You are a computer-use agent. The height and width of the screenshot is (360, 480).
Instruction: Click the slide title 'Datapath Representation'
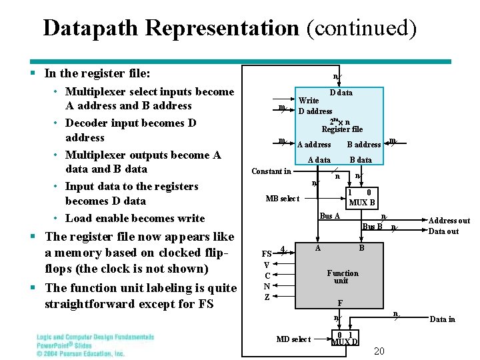tap(171, 28)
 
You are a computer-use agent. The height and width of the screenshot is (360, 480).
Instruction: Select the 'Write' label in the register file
tap(308, 101)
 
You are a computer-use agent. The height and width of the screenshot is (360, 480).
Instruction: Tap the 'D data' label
tap(341, 93)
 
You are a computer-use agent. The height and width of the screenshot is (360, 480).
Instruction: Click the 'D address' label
tap(315, 111)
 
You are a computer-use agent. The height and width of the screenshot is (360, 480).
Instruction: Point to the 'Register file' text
tap(342, 129)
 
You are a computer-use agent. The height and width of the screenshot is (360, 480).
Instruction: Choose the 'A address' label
tap(314, 145)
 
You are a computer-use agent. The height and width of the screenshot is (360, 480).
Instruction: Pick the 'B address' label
tap(364, 145)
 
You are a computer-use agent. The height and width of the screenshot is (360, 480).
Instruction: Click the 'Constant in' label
tap(271, 171)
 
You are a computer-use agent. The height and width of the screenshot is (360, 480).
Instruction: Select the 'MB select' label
tap(283, 199)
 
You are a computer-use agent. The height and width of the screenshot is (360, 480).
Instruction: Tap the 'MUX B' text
tap(363, 203)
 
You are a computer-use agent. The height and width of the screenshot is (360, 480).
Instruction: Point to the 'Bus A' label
tap(330, 216)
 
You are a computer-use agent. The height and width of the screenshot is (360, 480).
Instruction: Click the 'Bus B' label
tap(372, 227)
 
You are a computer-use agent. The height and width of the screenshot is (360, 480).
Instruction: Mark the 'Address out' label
tap(449, 221)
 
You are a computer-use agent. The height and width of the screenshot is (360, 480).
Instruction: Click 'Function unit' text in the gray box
tap(342, 277)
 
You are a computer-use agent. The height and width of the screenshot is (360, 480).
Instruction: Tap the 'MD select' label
tap(293, 339)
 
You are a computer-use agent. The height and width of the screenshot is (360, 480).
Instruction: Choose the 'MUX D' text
tap(345, 343)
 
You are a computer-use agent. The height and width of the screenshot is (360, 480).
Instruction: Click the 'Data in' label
tap(443, 319)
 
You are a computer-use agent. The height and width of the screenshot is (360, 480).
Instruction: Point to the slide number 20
tap(379, 351)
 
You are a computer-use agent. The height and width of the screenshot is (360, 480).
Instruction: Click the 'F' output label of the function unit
tap(340, 303)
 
